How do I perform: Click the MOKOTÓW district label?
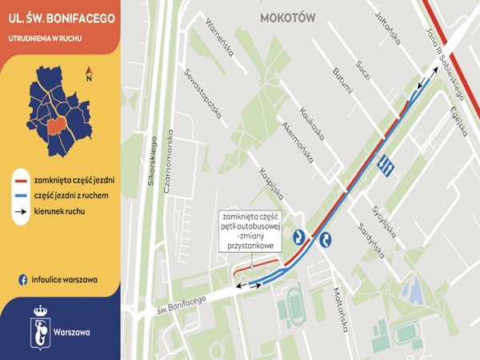tap(288, 17)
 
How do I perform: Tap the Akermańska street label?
tap(299, 140)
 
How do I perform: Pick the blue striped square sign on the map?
tap(385, 163)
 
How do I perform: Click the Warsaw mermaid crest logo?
tap(40, 327)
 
